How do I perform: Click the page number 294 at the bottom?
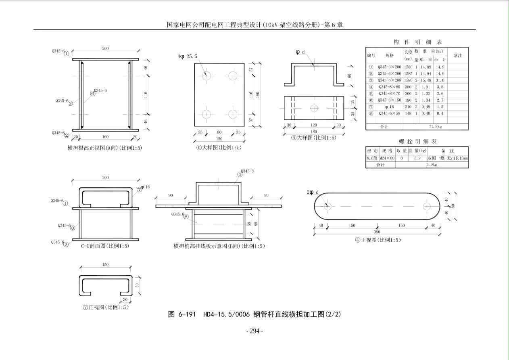(255, 331)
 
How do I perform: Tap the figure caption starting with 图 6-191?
(254, 314)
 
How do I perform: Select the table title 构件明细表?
(417, 42)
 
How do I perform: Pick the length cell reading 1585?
(408, 73)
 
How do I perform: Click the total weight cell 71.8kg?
(435, 126)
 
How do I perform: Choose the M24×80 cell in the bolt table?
(387, 158)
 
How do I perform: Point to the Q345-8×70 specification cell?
(390, 93)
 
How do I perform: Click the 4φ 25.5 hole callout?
(188, 57)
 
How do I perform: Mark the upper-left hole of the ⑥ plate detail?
(207, 75)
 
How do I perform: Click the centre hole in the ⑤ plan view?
(314, 108)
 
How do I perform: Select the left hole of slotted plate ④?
(328, 206)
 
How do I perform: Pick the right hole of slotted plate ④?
(427, 206)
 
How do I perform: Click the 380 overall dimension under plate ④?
(377, 232)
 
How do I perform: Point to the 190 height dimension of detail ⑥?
(258, 94)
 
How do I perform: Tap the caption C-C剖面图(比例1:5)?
(105, 246)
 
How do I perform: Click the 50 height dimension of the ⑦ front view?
(137, 285)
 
